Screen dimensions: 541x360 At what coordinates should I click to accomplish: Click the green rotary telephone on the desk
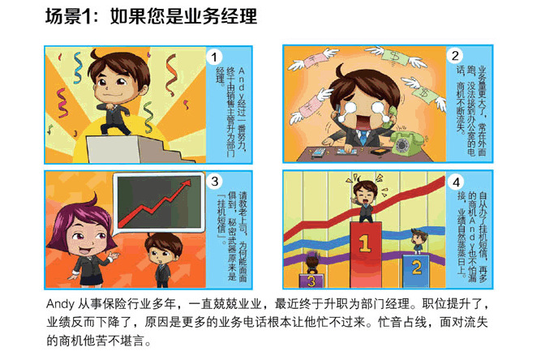click(407, 143)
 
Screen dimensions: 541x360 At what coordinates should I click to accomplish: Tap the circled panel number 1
click(214, 57)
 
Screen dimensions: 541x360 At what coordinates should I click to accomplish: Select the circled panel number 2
click(455, 55)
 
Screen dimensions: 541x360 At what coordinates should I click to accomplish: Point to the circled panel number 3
click(215, 181)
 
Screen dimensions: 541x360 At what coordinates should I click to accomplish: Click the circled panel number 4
click(456, 182)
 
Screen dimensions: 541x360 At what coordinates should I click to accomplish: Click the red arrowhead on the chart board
click(187, 183)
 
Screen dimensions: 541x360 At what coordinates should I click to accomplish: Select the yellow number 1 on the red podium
click(364, 243)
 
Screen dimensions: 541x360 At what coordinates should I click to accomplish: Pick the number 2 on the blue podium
click(416, 268)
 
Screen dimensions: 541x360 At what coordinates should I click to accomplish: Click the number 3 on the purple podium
click(311, 281)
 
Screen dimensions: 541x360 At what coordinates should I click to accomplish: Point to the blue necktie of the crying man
click(363, 138)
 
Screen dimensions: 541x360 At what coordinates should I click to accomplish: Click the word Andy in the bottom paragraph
click(60, 304)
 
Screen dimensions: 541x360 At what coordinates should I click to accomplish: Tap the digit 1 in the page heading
click(86, 16)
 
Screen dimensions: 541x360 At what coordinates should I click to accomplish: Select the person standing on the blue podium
click(419, 242)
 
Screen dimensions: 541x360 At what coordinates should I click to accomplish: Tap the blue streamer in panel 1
click(78, 67)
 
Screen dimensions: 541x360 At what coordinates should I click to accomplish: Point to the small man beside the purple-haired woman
click(163, 259)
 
